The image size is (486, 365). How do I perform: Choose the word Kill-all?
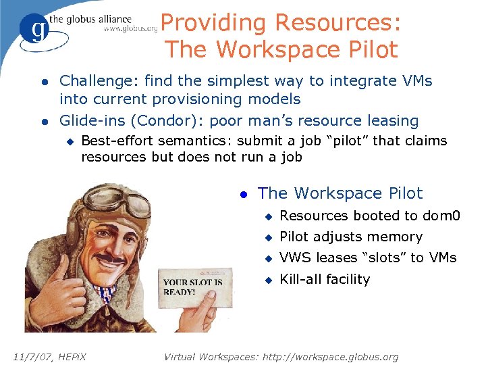302,279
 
